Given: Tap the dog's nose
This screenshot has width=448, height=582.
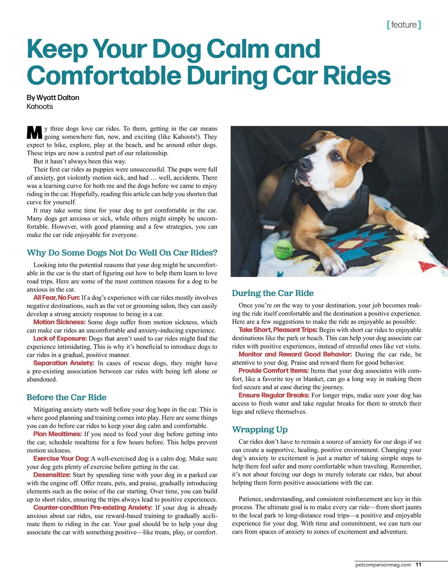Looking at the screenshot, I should (305, 164).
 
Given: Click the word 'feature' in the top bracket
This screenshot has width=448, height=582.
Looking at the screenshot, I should (404, 25).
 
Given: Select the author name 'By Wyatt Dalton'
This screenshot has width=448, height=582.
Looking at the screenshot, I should (53, 97).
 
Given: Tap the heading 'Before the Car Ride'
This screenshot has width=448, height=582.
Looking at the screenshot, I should (66, 397).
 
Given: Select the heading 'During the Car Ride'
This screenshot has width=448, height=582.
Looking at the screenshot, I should (273, 293).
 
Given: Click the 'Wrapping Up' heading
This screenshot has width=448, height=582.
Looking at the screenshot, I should (259, 429).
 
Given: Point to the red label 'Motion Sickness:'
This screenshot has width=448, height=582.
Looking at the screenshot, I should (59, 322).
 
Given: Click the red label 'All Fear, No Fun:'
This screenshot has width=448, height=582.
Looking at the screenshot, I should (56, 298).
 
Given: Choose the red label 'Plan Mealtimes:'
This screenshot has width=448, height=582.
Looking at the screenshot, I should (57, 434).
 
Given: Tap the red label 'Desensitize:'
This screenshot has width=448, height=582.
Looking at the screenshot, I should (52, 475).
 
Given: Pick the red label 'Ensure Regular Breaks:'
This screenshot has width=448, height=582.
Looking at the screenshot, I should (274, 395).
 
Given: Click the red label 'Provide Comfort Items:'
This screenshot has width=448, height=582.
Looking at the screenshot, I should (273, 371).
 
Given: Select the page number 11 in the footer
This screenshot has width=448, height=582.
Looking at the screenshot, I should (418, 564).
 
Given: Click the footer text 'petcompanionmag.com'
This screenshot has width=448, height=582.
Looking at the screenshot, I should (383, 564).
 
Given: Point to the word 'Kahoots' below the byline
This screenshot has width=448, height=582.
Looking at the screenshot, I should (40, 106).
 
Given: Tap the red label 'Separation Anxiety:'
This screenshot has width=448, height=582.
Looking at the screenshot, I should (63, 363).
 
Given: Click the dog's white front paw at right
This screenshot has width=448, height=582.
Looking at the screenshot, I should (418, 233).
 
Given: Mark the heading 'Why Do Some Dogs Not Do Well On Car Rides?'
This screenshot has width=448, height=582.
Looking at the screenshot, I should (122, 253).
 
